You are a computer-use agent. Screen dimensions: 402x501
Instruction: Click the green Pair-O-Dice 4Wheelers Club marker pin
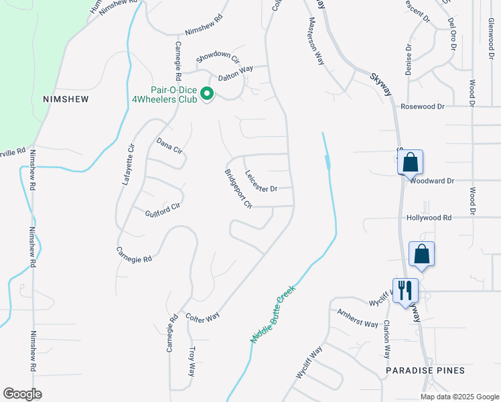click(207, 94)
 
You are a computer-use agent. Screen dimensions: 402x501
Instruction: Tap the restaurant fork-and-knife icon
click(405, 291)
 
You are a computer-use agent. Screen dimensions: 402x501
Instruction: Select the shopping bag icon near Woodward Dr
click(411, 162)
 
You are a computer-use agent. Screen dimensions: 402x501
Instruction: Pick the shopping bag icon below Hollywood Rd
click(421, 254)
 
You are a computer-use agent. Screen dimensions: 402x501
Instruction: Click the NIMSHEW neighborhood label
click(66, 98)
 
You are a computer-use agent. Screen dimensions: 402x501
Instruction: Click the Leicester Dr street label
click(261, 182)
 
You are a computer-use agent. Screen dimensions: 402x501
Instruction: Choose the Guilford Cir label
click(163, 211)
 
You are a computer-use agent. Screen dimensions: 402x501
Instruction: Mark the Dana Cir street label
click(169, 145)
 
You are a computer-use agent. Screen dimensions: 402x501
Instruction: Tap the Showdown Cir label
click(218, 58)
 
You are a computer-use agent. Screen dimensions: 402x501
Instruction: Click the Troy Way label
click(192, 361)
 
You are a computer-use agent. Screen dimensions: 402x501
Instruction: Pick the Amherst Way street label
click(358, 318)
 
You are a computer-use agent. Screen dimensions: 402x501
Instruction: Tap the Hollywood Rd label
click(429, 218)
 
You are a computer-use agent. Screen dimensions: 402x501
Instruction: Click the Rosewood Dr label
click(423, 106)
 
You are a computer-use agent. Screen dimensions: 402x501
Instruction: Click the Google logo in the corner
click(22, 394)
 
